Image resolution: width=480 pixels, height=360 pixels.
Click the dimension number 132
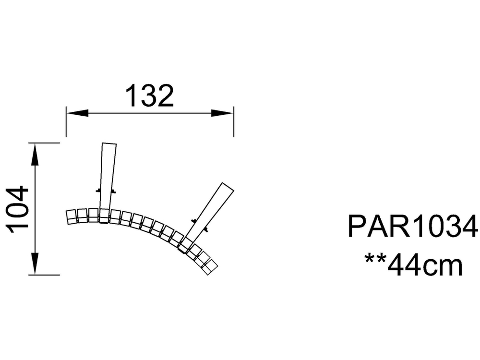coord(150,96)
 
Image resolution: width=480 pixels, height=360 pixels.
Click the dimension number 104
coord(17,209)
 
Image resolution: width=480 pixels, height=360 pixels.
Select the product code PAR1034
coord(413,226)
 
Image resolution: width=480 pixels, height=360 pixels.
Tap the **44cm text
coord(413,264)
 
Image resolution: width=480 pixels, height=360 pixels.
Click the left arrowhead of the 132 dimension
coord(77,113)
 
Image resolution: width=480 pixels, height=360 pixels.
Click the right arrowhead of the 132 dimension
coord(222,113)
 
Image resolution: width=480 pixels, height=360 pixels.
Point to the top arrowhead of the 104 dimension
coord(36,155)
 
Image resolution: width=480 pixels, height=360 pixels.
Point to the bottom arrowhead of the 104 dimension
coord(36,263)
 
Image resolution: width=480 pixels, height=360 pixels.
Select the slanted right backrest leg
coord(206,217)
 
